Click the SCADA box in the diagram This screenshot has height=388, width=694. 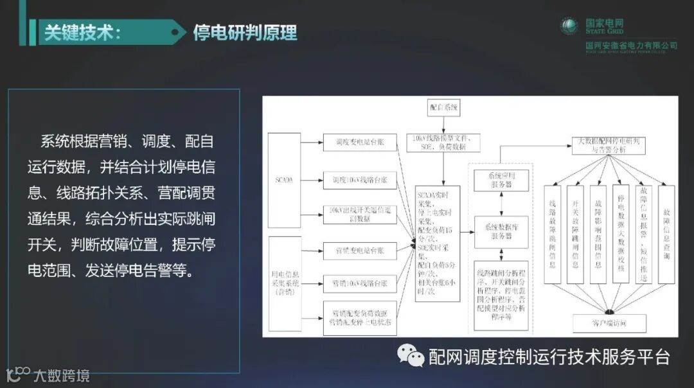(x=284, y=181)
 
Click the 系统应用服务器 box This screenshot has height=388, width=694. (x=501, y=180)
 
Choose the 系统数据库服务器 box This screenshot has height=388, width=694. (x=501, y=232)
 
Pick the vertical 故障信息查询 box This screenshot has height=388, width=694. (x=666, y=234)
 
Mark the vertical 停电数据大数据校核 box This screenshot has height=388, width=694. (x=621, y=234)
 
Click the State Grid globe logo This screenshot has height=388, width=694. (x=569, y=27)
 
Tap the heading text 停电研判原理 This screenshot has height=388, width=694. (x=245, y=32)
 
